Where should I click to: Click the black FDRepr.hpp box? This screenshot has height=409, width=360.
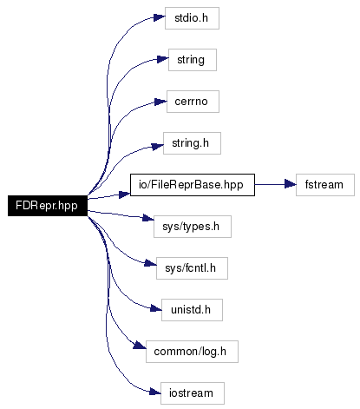(x=48, y=206)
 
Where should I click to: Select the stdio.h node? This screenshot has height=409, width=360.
(x=192, y=18)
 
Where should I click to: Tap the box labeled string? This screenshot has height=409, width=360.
(x=193, y=60)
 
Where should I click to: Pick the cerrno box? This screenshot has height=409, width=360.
(x=193, y=102)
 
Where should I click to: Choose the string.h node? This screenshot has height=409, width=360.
(x=192, y=143)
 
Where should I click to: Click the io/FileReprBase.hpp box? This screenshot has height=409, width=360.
(x=193, y=185)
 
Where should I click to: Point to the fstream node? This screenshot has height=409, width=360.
(x=325, y=185)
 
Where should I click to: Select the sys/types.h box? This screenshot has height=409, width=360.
(x=193, y=227)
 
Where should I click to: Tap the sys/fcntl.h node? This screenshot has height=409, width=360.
(x=192, y=268)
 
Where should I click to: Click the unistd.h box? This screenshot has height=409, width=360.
(x=192, y=310)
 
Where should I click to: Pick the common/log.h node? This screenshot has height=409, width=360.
(x=192, y=352)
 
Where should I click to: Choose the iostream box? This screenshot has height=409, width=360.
(x=193, y=393)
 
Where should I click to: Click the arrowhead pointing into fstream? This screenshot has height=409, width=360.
(x=291, y=184)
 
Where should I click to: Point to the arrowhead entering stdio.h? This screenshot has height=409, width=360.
(x=160, y=17)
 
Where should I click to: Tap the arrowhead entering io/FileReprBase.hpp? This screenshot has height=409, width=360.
(x=125, y=195)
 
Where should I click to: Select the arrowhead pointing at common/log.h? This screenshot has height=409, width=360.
(x=140, y=345)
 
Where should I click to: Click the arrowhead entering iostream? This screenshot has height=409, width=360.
(x=155, y=393)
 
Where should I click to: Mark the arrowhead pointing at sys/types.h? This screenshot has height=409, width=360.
(x=148, y=218)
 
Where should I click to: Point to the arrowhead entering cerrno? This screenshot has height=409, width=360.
(x=160, y=102)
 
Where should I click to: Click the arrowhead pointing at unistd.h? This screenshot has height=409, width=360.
(x=156, y=308)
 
